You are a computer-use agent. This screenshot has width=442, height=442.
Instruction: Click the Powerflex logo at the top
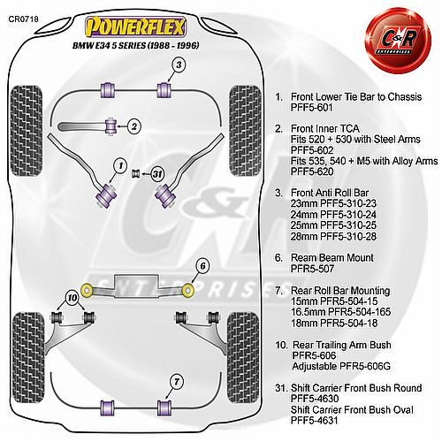pos(135,27)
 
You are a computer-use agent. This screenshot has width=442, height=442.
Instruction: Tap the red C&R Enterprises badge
pos(398,42)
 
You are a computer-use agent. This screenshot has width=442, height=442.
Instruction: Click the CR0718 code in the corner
pos(23,19)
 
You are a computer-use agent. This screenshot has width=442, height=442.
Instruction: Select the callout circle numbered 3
pos(179,65)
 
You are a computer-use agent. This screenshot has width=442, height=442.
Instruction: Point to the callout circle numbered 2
pos(134,126)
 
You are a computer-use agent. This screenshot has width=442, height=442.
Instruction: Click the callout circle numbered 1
pos(120,166)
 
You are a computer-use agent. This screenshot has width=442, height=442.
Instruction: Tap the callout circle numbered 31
pos(158,174)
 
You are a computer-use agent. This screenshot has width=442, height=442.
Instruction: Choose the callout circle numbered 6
pos(203,266)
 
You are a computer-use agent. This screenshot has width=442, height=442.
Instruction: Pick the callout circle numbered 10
pos(72,298)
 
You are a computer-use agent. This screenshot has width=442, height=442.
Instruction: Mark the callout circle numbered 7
pos(177,382)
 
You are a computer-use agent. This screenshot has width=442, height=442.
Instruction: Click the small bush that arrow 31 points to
pos(135,173)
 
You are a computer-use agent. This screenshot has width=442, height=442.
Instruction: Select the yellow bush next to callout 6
pos(188,290)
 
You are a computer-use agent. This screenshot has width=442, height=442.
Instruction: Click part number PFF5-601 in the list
pos(312,108)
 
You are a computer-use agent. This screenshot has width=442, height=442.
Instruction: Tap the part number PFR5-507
pos(312,269)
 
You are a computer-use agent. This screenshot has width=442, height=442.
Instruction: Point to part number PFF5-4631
pos(314,420)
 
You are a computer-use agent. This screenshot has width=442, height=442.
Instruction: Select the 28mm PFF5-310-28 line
pos(333,236)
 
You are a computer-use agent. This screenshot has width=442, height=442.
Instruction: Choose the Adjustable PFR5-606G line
pos(341,366)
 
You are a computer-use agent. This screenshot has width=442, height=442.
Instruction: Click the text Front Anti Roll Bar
pos(330,193)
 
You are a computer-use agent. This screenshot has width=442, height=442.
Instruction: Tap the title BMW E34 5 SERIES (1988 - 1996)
pos(136,45)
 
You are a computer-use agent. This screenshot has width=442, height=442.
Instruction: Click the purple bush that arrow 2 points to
pos(111,126)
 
